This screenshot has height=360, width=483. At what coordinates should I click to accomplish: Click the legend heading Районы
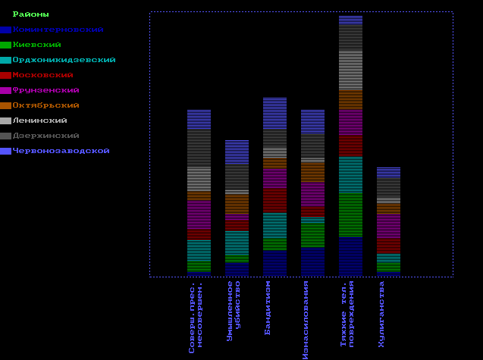pos(31,14)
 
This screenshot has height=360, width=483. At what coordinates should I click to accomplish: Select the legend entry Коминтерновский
pos(58,30)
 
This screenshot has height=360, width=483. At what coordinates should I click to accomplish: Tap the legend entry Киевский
pos(36,45)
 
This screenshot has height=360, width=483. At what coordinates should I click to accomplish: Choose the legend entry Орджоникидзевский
pos(64,60)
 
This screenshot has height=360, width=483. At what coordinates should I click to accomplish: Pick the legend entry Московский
pos(42,75)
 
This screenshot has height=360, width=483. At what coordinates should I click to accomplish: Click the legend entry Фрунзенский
pos(45,90)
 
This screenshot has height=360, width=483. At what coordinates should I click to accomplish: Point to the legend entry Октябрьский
pos(45,105)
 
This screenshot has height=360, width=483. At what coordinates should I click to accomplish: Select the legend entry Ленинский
pos(39,121)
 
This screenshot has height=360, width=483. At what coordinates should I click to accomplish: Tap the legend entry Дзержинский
pos(45,136)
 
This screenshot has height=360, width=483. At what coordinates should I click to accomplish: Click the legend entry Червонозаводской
pos(61,151)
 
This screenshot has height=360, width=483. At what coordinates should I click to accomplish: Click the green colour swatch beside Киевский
pos(5,45)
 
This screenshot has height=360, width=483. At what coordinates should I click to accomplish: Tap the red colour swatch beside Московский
pos(5,75)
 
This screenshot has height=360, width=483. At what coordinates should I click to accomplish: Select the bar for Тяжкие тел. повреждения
pos(350,144)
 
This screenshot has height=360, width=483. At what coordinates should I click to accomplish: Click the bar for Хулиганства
pos(388,220)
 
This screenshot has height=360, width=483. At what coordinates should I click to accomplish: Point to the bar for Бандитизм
pos(274,185)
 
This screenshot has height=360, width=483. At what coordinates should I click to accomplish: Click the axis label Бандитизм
pos(268,308)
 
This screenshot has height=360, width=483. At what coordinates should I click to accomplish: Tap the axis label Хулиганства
pos(381,314)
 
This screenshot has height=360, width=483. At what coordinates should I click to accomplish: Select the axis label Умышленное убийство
pos(234,311)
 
